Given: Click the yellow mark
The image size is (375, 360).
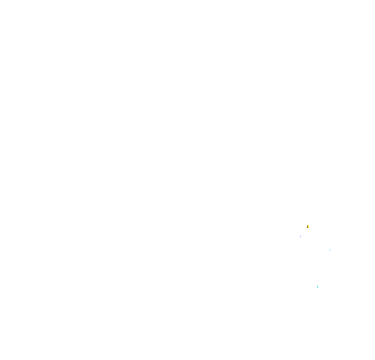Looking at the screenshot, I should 308,226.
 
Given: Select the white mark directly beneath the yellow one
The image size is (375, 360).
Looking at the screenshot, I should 308,229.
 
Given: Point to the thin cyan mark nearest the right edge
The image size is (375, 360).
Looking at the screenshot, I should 330,250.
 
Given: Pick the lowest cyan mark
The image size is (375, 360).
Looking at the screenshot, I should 318,287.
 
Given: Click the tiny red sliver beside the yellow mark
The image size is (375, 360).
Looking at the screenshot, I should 307,227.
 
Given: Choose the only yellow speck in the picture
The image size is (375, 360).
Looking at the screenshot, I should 308,226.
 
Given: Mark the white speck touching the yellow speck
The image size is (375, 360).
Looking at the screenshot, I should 308,229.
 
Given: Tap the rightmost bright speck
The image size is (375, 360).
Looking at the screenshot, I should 330,250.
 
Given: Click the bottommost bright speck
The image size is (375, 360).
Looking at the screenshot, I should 318,287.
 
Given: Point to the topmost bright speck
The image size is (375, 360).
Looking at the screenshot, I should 308,226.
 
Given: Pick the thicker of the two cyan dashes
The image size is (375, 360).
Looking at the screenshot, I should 318,287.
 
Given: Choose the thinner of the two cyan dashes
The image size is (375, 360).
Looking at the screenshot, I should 330,250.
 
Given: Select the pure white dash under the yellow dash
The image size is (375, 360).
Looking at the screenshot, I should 308,229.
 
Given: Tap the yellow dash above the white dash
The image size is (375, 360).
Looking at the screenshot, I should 308,226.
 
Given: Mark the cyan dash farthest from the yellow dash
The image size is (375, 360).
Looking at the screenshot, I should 318,287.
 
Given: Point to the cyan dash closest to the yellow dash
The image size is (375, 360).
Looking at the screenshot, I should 330,250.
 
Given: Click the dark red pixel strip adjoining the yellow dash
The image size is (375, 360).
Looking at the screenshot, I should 307,227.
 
